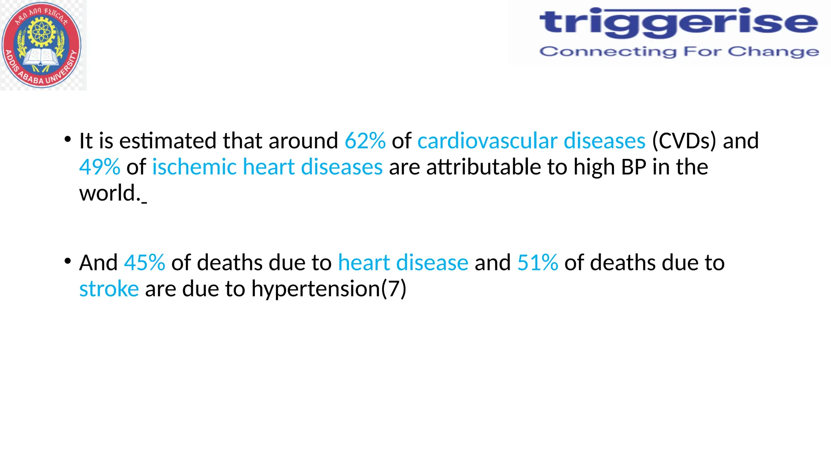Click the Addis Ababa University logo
coord(41,45)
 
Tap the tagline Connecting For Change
coord(679,52)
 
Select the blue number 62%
coord(365,141)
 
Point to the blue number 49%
coord(99,167)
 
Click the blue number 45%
coord(144,263)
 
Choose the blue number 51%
coord(537,263)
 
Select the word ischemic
coord(194,167)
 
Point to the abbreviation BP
coord(633,167)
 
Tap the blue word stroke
coord(109,289)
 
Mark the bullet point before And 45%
coord(68,261)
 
